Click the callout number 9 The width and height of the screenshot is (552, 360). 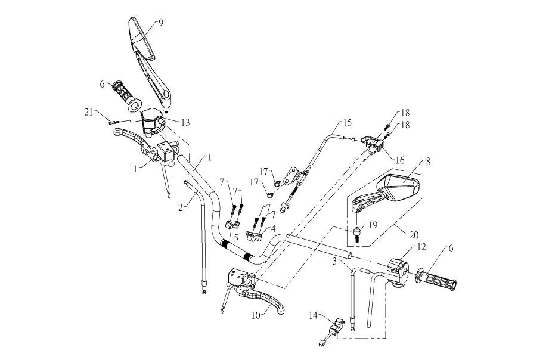click(x=160, y=23)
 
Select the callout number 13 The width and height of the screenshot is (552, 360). click(x=186, y=122)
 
